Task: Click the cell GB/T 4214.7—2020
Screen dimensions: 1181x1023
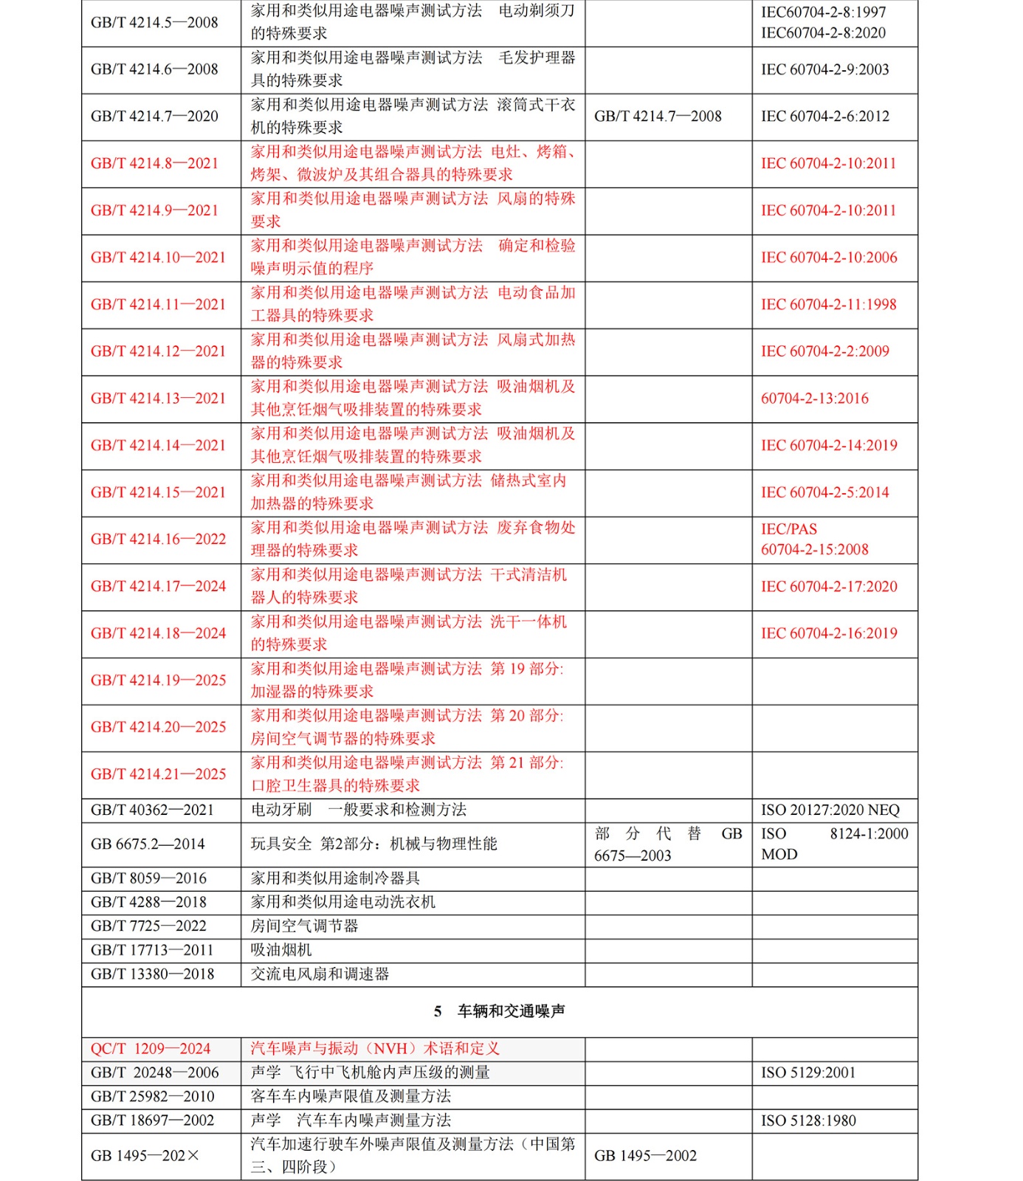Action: [x=154, y=117]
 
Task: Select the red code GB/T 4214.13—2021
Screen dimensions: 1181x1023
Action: [x=158, y=399]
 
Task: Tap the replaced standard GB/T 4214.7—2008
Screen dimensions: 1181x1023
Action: [x=658, y=117]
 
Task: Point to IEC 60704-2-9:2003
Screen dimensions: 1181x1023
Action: [x=824, y=69]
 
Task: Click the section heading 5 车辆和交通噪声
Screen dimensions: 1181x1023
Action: [x=500, y=1011]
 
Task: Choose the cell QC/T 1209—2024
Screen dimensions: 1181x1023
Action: [x=151, y=1049]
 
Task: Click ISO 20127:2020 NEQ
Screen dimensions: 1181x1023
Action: [x=830, y=810]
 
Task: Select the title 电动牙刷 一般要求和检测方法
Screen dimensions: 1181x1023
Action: [x=359, y=810]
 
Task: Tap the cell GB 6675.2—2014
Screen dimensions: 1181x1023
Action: [x=148, y=844]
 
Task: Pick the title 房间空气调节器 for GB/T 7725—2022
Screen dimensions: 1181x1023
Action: [x=304, y=926]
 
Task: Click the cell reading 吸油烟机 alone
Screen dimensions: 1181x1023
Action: [x=281, y=950]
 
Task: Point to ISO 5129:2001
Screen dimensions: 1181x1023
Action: [x=808, y=1072]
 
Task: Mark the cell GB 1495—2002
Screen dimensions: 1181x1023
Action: [x=645, y=1156]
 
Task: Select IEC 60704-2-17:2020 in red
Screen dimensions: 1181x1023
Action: [x=829, y=587]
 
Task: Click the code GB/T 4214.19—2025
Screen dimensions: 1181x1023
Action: [x=158, y=681]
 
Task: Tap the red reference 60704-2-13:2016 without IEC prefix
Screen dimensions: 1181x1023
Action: [x=815, y=399]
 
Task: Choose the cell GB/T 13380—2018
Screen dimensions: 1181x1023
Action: [x=152, y=974]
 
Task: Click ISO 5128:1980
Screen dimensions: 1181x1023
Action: [x=808, y=1120]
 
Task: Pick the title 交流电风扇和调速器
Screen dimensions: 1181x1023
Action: [x=320, y=974]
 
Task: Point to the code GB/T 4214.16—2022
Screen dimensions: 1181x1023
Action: [x=158, y=540]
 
